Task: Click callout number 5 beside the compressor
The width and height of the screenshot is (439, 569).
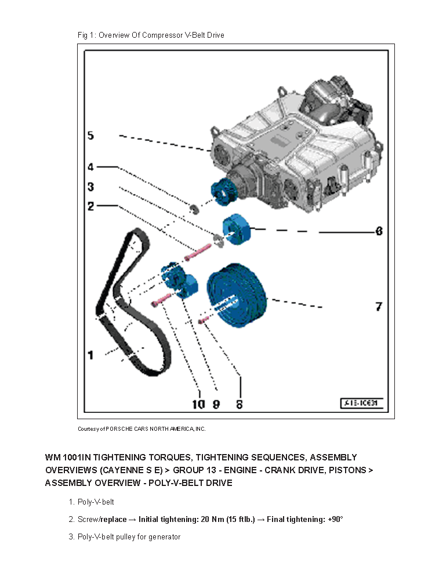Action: point(90,136)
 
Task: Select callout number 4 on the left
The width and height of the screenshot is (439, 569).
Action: point(90,167)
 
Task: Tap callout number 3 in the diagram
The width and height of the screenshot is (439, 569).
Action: point(90,187)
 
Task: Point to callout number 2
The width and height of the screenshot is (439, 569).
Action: point(90,206)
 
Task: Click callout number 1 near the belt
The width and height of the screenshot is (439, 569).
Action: point(90,354)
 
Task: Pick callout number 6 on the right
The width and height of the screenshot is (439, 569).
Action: point(379,231)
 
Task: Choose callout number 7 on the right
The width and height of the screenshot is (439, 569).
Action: point(379,306)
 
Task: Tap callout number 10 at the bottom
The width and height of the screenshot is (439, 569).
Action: point(198,404)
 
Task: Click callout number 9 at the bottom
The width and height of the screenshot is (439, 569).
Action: point(216,404)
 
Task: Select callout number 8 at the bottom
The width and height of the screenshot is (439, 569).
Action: point(239,404)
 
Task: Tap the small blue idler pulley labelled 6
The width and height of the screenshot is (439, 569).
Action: point(235,230)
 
